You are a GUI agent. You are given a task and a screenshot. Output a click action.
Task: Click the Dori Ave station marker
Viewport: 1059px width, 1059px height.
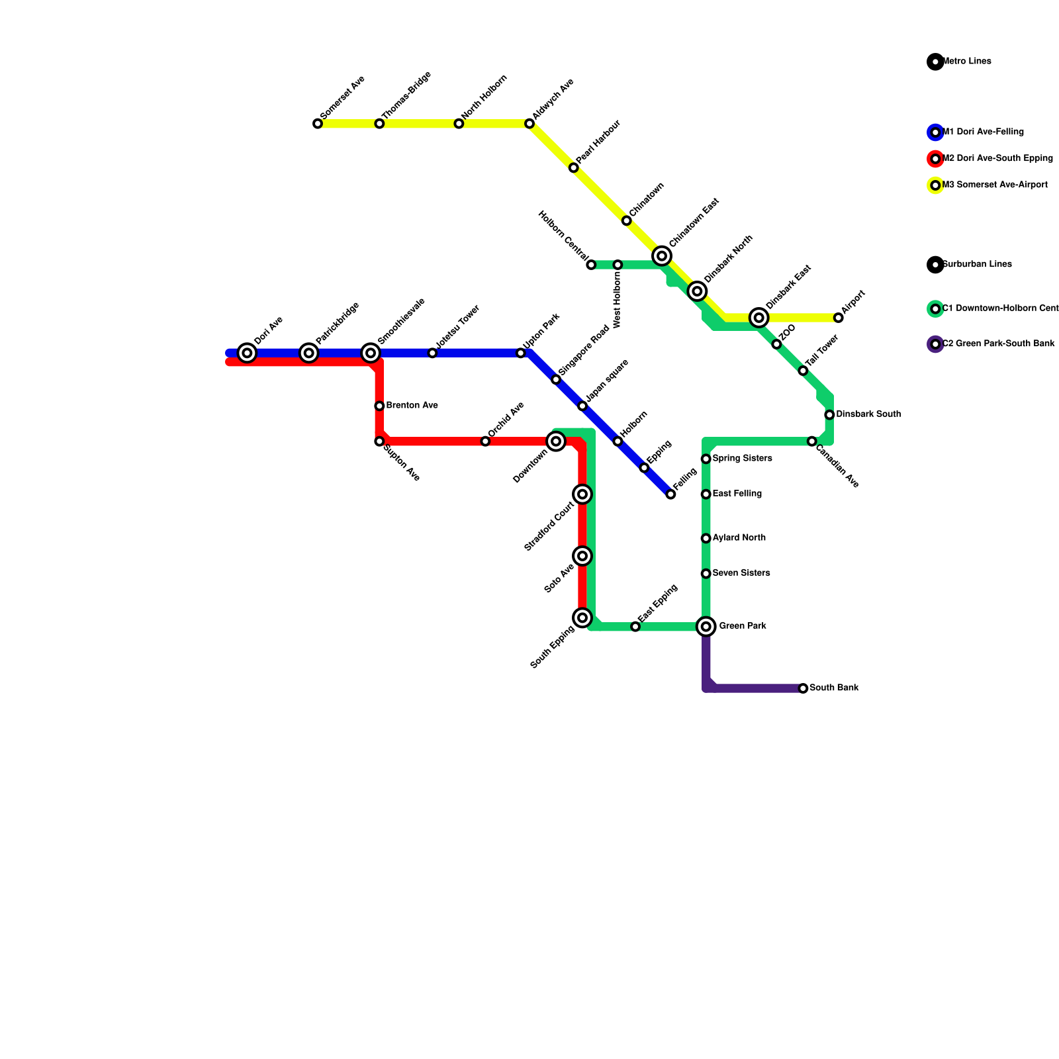247,353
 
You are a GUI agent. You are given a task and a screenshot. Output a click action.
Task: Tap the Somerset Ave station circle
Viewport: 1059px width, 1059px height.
318,124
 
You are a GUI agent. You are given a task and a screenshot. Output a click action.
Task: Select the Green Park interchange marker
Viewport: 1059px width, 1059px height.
706,626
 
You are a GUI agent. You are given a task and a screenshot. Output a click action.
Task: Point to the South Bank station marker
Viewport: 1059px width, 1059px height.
803,688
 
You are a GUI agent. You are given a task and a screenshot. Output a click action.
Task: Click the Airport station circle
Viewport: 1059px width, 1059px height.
839,318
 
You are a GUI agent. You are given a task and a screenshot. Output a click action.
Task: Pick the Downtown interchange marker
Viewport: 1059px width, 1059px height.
556,441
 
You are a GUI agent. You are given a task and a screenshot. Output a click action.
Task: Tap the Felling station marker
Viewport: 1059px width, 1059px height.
670,494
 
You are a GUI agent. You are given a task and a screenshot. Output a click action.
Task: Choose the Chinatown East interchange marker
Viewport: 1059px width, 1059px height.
662,256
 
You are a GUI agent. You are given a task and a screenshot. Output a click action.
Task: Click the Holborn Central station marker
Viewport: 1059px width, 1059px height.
591,265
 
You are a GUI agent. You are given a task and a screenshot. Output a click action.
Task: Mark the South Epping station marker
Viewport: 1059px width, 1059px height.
582,618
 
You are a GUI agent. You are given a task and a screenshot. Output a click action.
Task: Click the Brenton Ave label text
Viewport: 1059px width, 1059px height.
412,405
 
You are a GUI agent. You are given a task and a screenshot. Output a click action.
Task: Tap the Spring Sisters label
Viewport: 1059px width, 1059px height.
742,458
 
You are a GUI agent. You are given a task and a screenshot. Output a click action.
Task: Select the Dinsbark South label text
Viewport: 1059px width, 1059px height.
868,414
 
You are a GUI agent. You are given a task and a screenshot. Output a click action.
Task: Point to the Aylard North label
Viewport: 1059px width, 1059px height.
739,537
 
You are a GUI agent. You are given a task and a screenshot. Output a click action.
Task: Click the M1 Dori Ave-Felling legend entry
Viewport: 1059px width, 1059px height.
982,132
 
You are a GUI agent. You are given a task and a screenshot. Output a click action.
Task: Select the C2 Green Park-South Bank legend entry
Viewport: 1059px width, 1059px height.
997,344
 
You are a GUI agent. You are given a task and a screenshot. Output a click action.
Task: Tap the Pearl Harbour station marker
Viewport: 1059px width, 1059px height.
573,168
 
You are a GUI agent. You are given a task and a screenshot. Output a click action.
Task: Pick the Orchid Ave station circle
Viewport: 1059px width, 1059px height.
485,441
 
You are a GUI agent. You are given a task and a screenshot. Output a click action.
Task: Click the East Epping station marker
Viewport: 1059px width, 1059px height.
635,626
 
